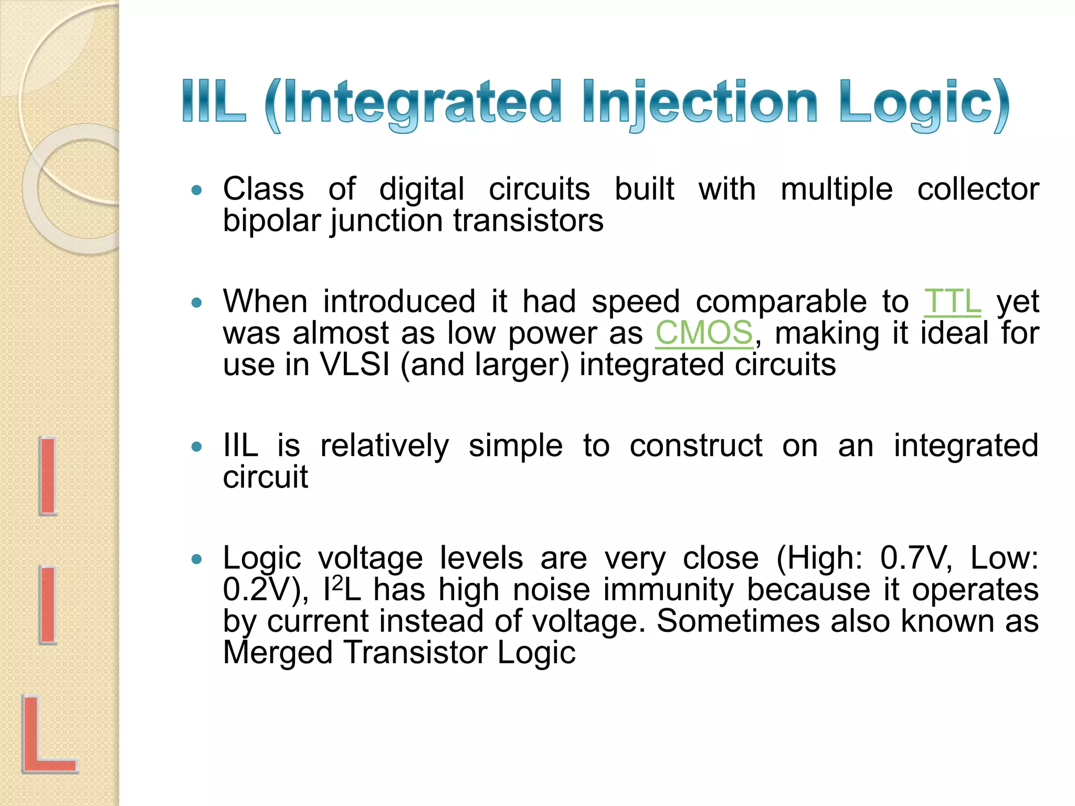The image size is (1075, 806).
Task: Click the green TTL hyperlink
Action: coord(952,302)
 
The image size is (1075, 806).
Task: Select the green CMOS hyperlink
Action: coord(704,333)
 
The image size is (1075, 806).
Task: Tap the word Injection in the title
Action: coord(699,103)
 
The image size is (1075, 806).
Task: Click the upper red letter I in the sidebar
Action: coord(48,475)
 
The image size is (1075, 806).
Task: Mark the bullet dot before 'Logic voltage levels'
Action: coord(197,559)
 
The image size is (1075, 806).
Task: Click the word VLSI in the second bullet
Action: coord(355,365)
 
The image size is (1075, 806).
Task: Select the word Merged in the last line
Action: coord(278,653)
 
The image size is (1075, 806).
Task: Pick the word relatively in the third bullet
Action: coord(384,446)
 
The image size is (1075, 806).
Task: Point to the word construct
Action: coord(695,446)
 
